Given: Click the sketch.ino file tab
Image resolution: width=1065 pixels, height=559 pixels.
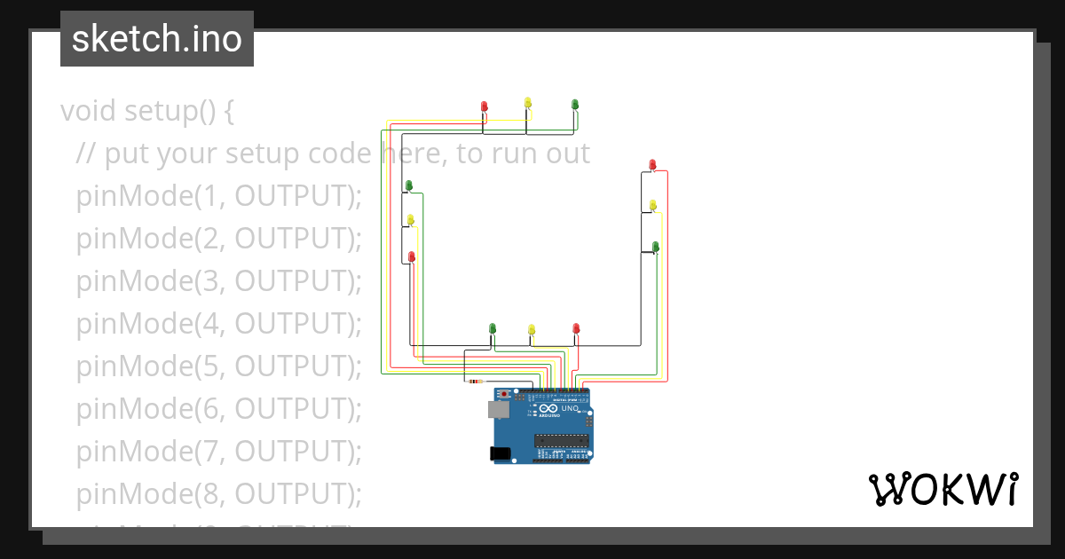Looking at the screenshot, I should click(x=157, y=39).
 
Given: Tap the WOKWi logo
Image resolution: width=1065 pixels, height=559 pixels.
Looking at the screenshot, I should click(x=942, y=490).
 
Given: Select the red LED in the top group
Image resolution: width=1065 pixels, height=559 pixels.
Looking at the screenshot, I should click(x=485, y=106).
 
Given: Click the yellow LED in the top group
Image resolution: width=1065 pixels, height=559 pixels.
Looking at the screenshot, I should click(x=528, y=103).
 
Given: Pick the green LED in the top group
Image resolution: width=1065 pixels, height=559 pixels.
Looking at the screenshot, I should click(x=575, y=105).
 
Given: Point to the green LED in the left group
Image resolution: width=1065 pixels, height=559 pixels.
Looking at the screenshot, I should click(x=409, y=185).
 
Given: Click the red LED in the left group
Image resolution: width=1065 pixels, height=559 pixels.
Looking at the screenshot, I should click(x=411, y=256).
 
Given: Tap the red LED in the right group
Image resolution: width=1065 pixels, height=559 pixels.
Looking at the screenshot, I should click(x=652, y=165).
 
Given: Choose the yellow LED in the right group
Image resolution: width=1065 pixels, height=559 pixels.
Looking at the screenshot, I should click(x=653, y=206).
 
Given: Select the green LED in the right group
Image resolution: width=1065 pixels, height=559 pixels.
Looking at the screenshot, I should click(x=656, y=246).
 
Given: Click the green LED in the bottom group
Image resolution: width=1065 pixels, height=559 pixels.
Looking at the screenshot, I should click(x=493, y=329).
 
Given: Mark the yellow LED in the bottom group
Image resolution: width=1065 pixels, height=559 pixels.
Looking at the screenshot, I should click(x=532, y=330).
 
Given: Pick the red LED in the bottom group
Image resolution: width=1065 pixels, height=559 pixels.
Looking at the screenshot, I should click(x=576, y=329).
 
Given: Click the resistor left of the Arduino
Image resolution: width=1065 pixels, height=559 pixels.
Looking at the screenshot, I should click(x=476, y=382).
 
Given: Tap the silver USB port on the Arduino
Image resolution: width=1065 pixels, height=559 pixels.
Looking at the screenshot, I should click(x=497, y=409).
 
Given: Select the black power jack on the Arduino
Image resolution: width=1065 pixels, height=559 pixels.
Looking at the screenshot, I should click(x=501, y=453).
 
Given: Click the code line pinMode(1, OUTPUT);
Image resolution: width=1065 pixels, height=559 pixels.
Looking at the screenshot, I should click(x=219, y=196).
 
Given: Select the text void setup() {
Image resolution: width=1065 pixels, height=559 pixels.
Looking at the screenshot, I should click(x=147, y=112).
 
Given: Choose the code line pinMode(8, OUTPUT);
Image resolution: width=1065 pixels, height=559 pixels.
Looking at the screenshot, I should click(x=219, y=493).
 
